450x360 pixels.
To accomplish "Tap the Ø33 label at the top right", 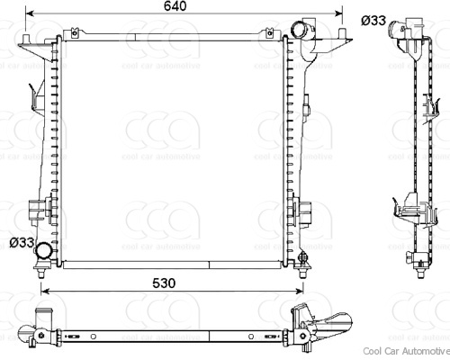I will coord(374,20).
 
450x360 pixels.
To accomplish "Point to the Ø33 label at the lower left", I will coord(22,242).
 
